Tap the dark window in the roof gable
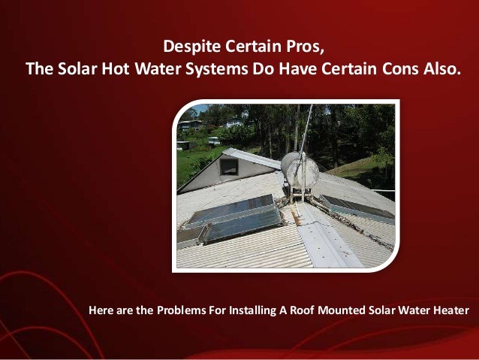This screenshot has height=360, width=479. (228, 167)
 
